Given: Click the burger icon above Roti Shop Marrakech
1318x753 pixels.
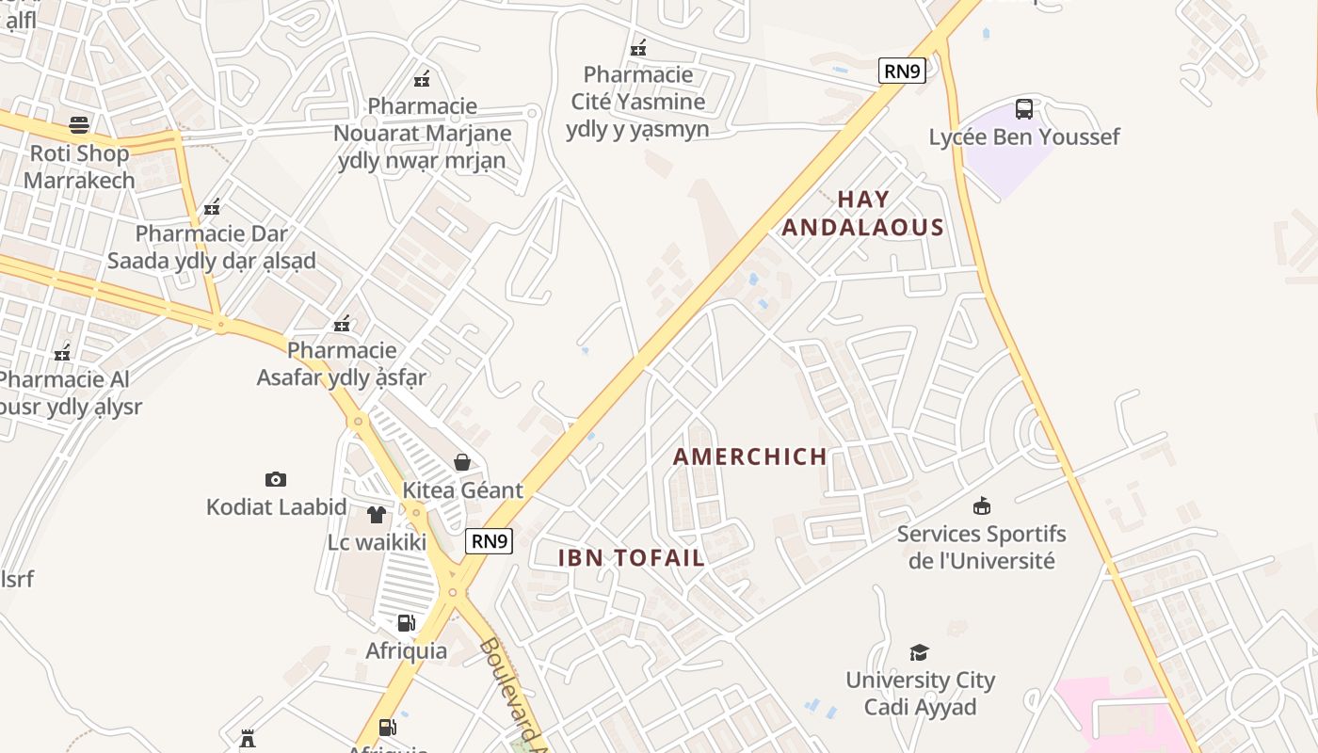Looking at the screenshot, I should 79,124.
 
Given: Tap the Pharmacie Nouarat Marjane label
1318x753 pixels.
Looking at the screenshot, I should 423,133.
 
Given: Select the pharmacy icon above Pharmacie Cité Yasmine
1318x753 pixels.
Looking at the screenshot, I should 638,47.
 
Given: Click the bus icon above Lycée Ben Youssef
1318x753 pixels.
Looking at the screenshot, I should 1024,108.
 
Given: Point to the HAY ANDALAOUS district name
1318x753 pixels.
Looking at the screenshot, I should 862,214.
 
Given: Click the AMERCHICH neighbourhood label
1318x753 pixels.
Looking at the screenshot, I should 750,457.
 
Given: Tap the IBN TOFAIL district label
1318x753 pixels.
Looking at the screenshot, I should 631,557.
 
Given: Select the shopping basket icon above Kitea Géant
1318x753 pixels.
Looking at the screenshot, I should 462,462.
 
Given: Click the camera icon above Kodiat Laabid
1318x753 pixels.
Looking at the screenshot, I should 276,479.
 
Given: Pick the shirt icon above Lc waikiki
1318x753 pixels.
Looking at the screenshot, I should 377,514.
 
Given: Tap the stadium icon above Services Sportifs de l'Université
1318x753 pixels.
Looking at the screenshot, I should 982,506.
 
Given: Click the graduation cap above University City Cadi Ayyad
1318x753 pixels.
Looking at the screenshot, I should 920,652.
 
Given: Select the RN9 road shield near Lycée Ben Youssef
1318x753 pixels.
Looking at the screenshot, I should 902,71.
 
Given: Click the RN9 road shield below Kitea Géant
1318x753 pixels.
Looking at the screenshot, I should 490,540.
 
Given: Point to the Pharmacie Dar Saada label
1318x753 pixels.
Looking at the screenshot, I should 211,247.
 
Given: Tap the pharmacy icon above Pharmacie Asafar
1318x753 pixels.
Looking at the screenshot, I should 342,324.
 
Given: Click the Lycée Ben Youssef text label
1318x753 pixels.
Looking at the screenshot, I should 1024,137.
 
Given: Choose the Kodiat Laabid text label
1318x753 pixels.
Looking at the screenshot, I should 277,507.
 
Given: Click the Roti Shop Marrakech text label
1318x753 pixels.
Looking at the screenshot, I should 79,167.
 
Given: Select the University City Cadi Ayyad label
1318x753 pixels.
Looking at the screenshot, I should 920,694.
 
